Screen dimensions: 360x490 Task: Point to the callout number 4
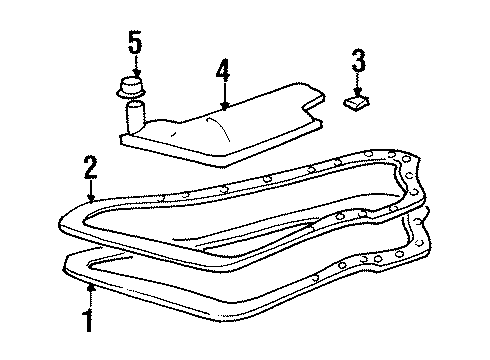tap(224, 71)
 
